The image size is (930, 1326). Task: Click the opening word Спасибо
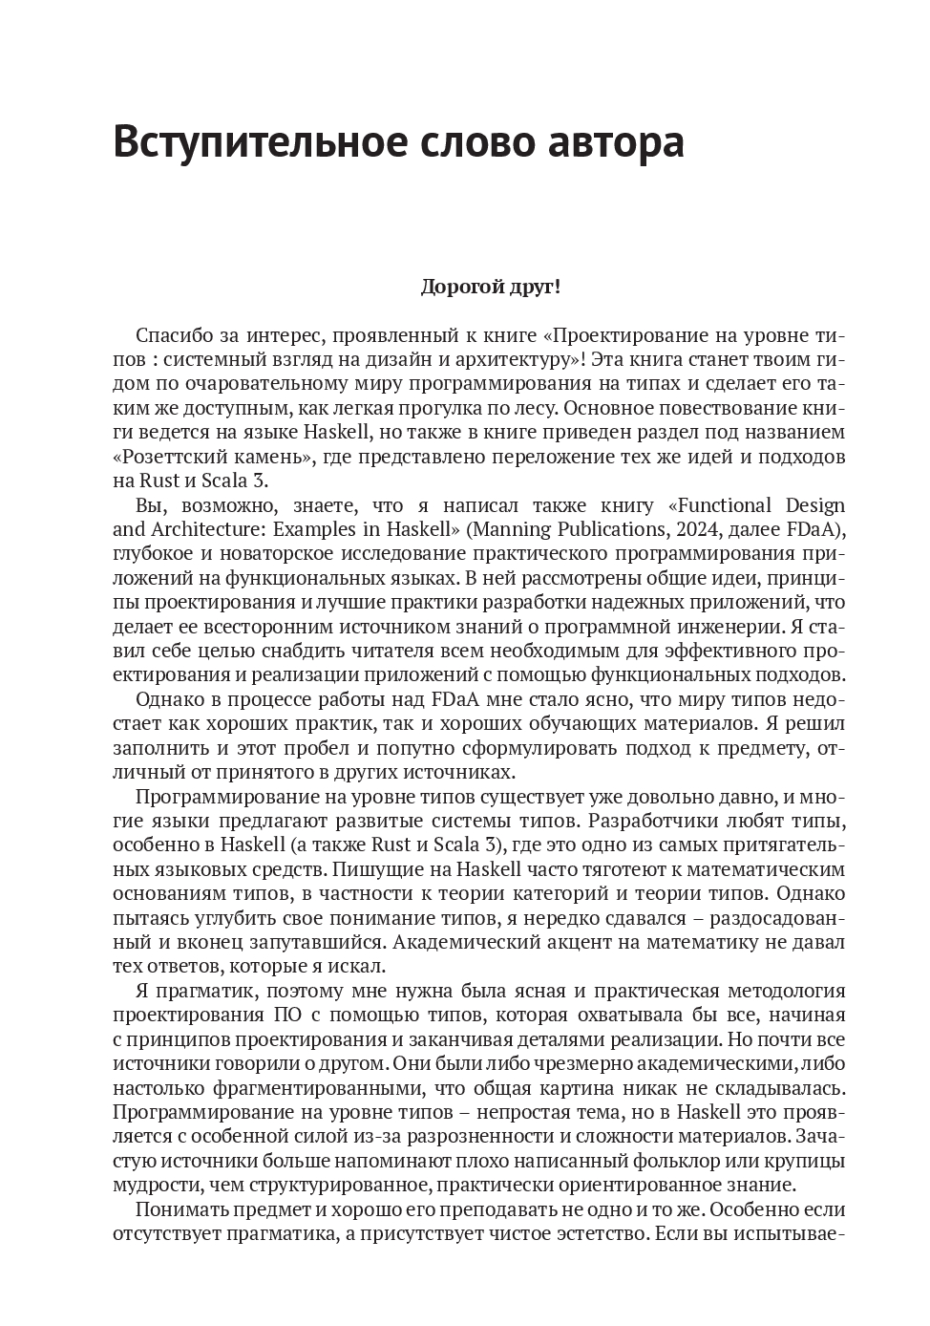click(x=173, y=336)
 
